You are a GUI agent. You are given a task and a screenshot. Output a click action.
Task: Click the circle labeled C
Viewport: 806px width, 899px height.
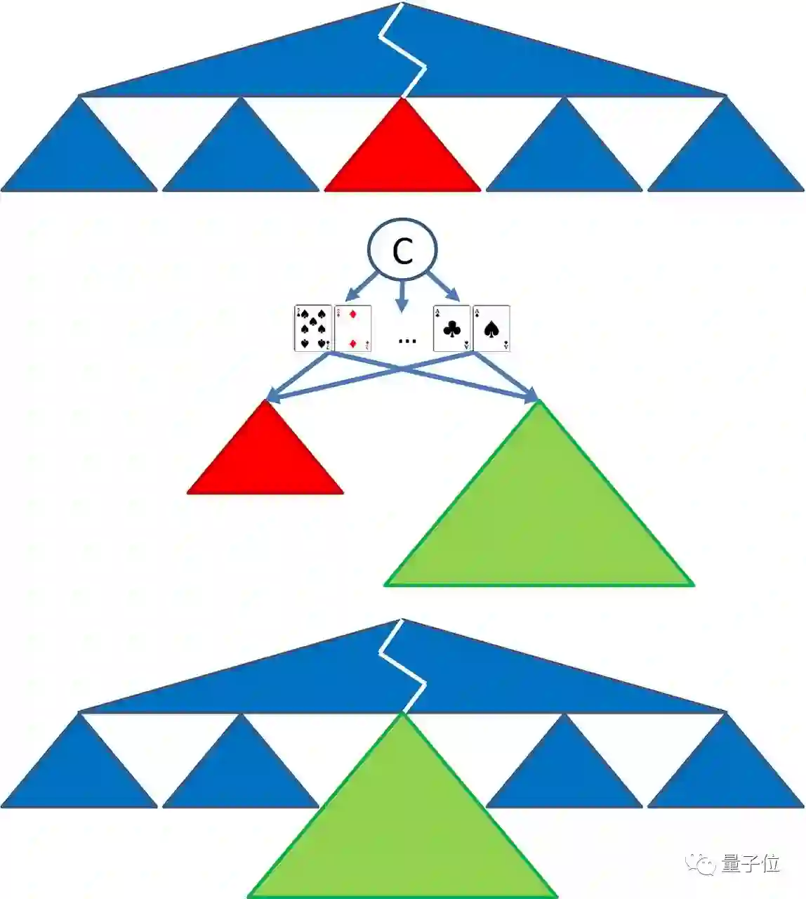(402, 250)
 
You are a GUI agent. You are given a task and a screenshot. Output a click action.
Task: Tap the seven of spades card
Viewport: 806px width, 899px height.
(312, 328)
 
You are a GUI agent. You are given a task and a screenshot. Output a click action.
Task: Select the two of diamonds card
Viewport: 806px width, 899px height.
(352, 328)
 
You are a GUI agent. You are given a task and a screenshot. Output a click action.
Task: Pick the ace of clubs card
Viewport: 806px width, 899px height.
(452, 328)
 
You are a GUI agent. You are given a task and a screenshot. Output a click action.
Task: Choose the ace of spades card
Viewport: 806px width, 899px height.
(491, 328)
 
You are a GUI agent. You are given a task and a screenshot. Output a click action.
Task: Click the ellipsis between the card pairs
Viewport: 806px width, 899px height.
(407, 341)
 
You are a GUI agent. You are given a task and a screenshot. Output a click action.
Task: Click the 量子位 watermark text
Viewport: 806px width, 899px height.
(751, 863)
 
